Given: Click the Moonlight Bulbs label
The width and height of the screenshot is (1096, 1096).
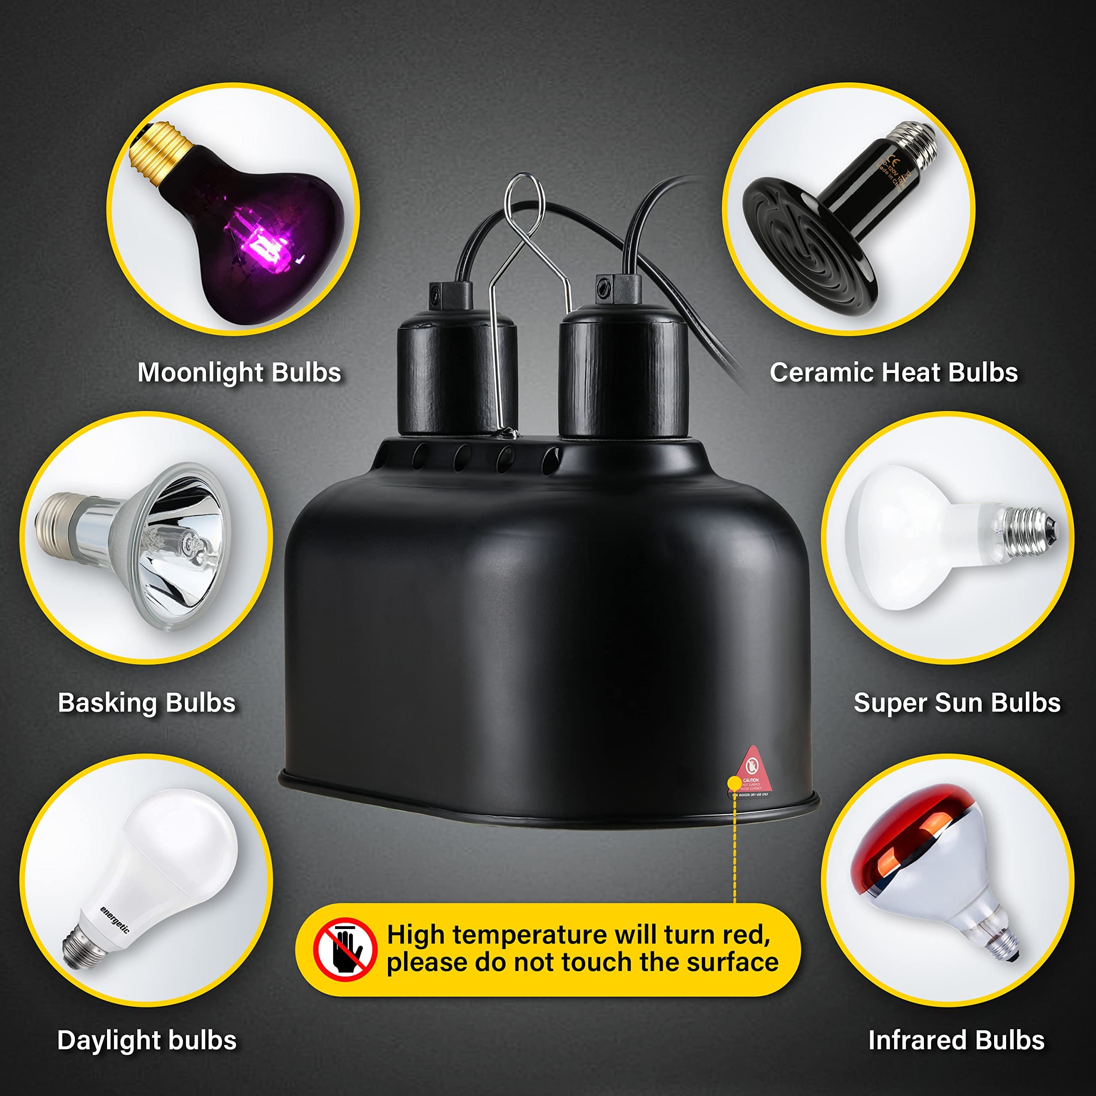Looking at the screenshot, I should (239, 373).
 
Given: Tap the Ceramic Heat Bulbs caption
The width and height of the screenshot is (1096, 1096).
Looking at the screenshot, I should (893, 373).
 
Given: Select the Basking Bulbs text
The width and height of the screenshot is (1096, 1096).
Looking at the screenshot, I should (146, 703).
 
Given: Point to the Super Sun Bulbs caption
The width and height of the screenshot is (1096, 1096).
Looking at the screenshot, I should (957, 703).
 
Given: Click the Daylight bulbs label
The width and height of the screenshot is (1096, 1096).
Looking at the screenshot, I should (146, 1040).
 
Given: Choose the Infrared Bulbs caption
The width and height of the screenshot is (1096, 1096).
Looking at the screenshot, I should (956, 1040).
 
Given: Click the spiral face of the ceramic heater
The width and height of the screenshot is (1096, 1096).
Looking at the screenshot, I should (806, 250).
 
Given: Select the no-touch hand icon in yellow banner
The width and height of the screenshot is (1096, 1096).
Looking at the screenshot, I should (345, 950).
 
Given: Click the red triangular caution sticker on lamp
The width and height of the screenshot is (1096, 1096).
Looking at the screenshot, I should (752, 771).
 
